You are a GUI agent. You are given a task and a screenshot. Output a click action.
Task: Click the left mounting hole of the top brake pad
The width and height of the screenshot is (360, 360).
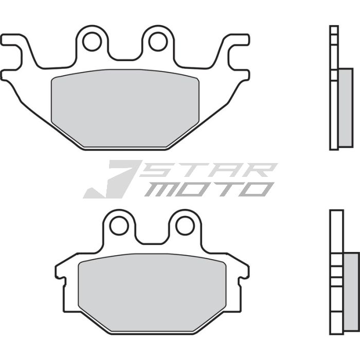92,41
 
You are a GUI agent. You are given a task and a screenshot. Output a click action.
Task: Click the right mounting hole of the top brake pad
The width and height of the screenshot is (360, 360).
158,41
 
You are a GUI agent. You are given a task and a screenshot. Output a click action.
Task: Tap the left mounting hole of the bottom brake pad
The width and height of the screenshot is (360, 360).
119,225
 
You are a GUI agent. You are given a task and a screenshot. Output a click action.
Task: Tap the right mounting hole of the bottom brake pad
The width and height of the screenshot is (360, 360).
185,225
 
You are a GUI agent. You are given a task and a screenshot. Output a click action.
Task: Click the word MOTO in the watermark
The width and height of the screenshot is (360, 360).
208,189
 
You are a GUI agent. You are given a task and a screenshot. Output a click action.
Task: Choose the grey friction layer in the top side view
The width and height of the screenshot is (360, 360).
342,107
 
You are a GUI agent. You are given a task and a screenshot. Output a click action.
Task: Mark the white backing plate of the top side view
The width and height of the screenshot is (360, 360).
334,87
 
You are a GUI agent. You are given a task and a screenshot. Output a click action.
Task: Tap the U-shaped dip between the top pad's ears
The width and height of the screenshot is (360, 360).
125,57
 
